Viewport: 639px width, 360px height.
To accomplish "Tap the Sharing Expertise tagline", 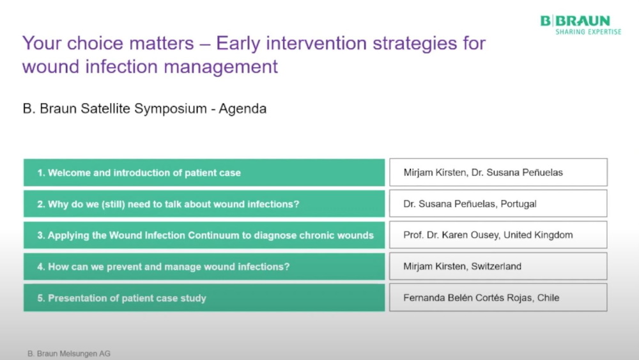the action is [588, 32].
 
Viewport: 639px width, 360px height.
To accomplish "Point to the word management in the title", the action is [220, 67].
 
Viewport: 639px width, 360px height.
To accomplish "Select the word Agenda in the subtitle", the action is [242, 109].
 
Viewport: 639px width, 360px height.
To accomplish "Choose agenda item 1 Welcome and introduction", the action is [204, 173].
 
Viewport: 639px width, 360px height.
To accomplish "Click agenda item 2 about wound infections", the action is [204, 204].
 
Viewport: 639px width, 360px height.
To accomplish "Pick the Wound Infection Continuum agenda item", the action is [204, 235].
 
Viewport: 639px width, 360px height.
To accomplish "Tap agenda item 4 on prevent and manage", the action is [204, 267].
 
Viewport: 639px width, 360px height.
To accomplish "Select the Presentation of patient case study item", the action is [204, 298].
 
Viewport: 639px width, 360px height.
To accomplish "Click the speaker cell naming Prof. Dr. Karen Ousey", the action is [498, 235].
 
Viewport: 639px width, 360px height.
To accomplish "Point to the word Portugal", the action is [518, 204].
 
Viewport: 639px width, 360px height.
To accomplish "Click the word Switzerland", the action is [496, 266].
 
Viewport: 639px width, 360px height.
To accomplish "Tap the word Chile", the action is [548, 297].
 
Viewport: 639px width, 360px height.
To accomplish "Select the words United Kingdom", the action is [538, 235].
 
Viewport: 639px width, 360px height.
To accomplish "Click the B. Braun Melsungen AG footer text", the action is [69, 354].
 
